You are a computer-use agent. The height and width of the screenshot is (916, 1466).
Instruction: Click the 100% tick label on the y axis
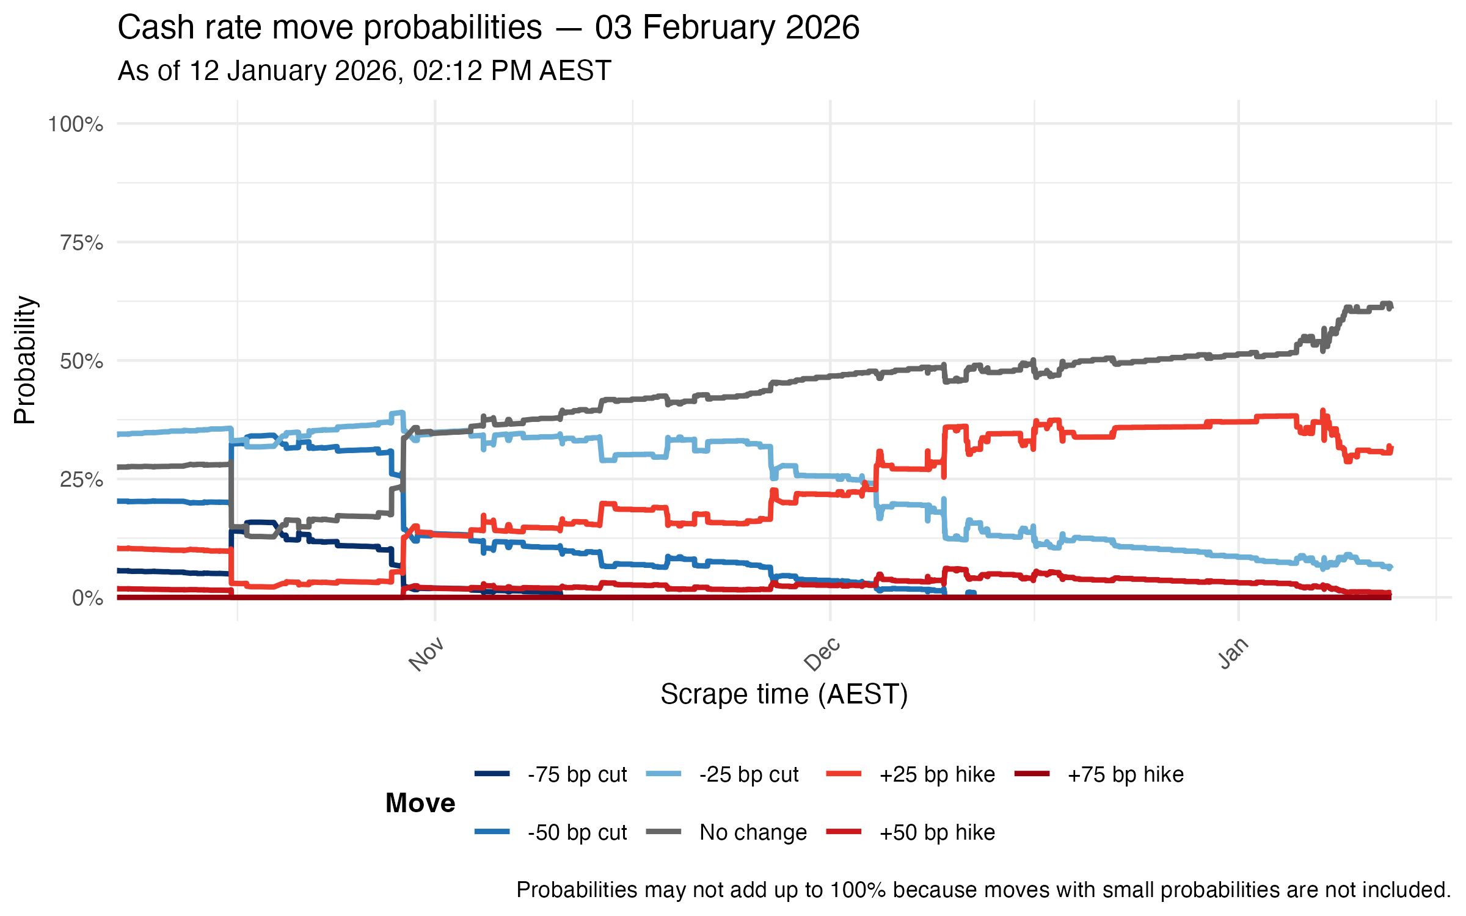coord(76,125)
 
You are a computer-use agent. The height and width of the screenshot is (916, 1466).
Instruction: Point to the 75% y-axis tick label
coord(81,243)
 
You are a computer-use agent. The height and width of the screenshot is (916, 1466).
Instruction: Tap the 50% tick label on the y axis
coord(81,362)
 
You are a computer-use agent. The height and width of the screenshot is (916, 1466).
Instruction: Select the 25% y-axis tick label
coord(81,480)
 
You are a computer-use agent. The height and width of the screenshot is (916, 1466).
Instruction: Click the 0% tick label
coord(87,598)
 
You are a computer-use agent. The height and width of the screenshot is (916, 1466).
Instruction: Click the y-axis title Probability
coord(26,360)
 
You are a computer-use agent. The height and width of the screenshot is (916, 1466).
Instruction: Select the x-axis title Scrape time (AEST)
coord(784,694)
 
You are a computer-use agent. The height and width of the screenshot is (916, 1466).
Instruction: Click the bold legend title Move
coord(420,803)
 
